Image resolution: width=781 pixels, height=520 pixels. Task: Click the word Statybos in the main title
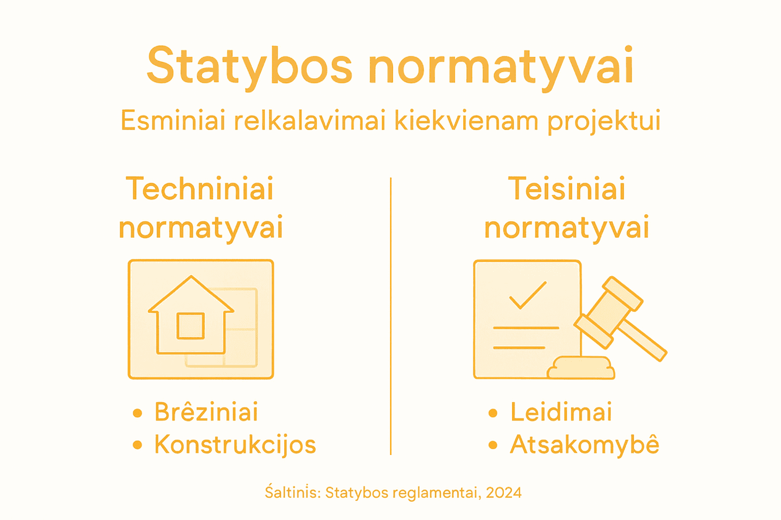coord(249,66)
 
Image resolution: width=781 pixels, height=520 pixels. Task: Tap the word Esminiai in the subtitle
coord(173,121)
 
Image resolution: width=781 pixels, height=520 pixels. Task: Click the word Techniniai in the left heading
coord(200,189)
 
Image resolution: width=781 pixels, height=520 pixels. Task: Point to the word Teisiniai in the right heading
coord(566,189)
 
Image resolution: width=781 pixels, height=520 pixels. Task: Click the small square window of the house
coord(191,326)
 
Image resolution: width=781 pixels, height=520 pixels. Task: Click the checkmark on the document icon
coord(528,295)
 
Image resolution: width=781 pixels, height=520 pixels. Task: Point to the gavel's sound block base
coord(581,368)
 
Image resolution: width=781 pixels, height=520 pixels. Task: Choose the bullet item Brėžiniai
coord(206,412)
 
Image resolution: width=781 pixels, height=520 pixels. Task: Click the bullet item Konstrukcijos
coord(235,445)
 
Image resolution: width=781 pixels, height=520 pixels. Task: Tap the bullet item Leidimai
coord(561,412)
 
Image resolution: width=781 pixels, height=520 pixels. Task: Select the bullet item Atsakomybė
coord(585,445)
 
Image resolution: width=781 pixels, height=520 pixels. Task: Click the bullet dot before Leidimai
coord(493,413)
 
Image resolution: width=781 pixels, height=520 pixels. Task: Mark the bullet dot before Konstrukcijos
coord(137,445)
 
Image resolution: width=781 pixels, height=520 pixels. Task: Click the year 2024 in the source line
coord(503,493)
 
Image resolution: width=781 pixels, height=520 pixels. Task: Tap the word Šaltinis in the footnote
coord(292,492)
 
